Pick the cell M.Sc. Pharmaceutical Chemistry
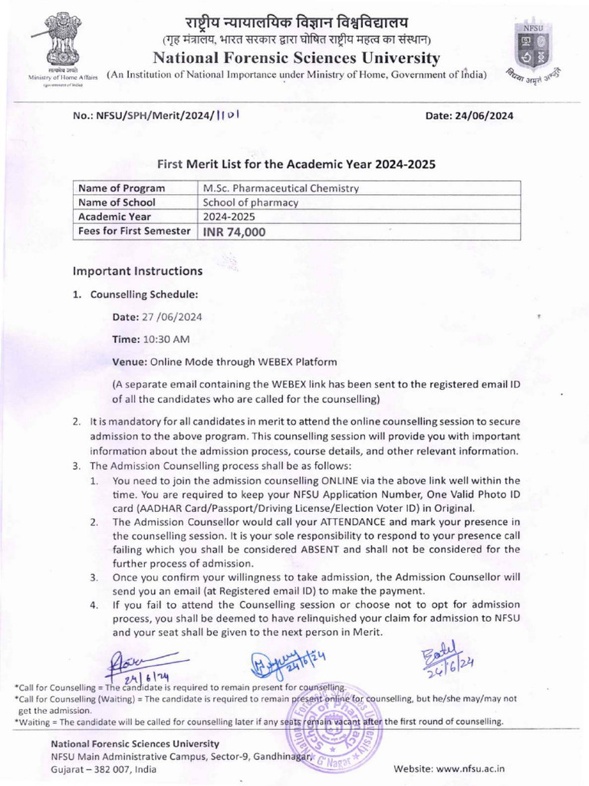click(x=281, y=188)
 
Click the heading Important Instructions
click(x=137, y=271)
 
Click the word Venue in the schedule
click(x=129, y=361)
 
